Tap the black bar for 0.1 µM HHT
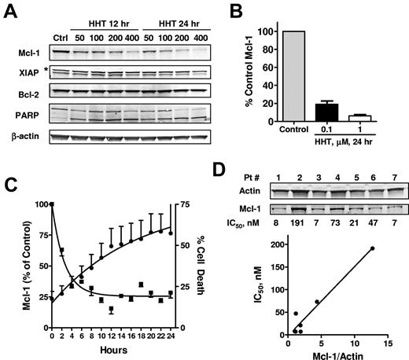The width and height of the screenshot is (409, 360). [342, 112]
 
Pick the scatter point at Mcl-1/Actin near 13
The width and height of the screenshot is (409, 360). [394, 270]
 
